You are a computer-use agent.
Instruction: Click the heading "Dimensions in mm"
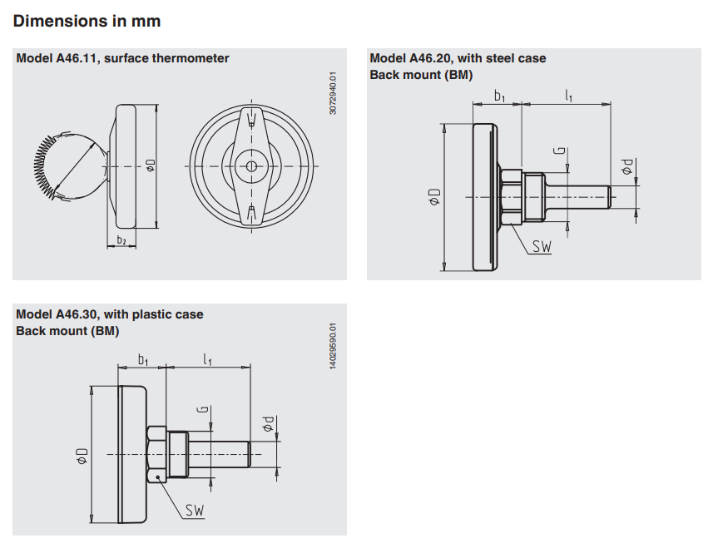[87, 21]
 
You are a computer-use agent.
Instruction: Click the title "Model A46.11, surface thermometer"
[122, 58]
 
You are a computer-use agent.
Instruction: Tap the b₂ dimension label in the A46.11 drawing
[121, 240]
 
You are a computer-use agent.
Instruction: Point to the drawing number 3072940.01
[333, 93]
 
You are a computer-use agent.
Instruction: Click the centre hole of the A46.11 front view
[252, 166]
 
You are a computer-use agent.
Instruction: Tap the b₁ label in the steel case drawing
[499, 96]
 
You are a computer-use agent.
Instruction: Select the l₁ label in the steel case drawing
[569, 96]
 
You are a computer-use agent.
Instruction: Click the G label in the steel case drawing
[560, 152]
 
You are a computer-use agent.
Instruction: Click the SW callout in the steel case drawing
[542, 246]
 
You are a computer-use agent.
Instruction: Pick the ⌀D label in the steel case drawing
[433, 196]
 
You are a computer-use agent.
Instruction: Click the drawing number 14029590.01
[333, 347]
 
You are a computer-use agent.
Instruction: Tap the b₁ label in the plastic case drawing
[143, 359]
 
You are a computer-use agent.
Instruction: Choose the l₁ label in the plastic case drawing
[208, 359]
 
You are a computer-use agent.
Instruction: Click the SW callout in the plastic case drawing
[195, 510]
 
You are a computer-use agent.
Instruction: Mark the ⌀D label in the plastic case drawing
[82, 455]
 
